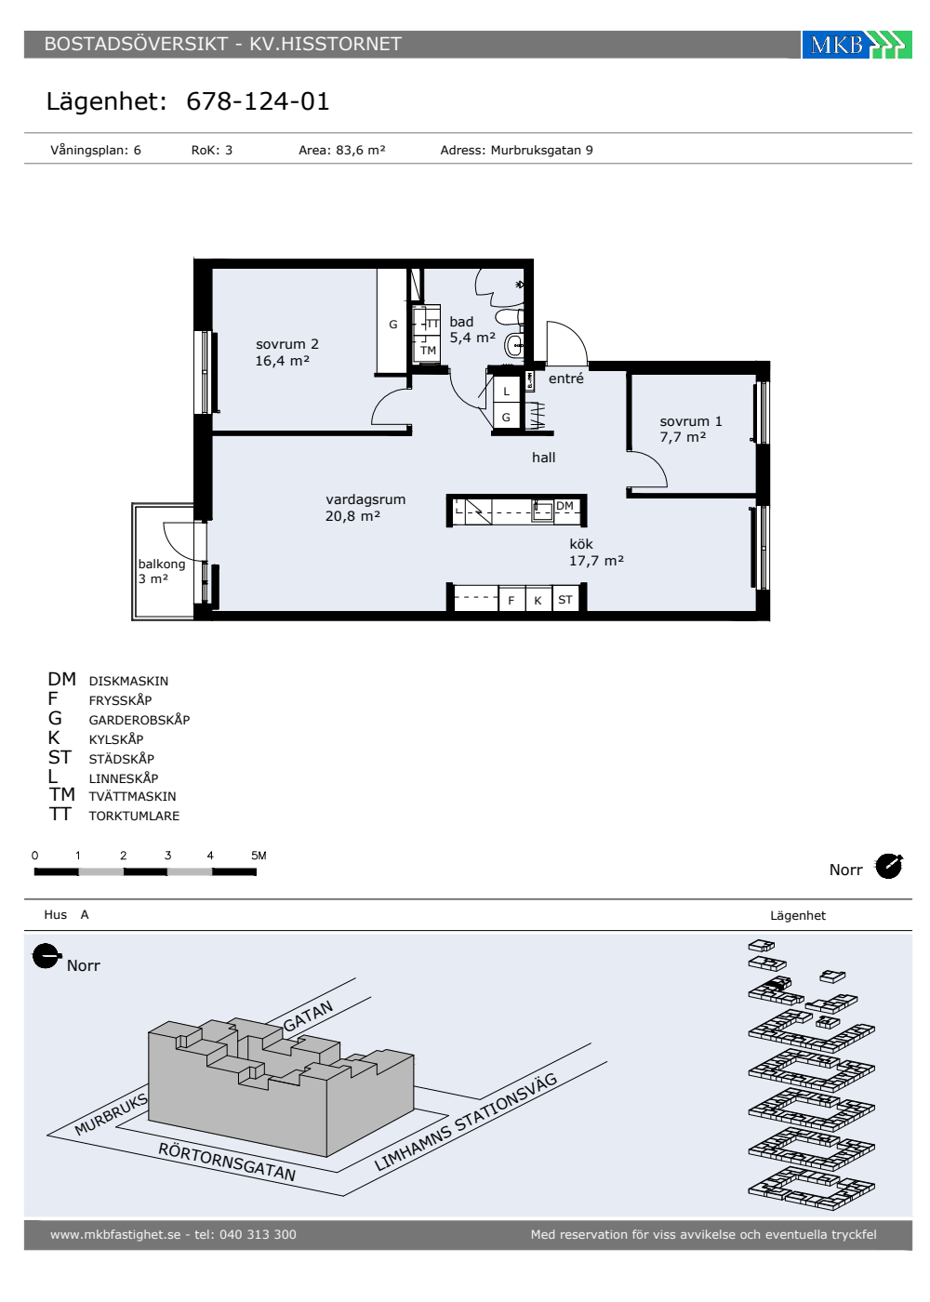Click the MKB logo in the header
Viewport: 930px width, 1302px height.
click(857, 45)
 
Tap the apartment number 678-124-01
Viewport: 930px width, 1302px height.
click(258, 101)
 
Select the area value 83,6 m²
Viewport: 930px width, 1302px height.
click(361, 150)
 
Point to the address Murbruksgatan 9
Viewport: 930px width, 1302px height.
click(541, 150)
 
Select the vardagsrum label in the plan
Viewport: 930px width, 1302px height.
click(365, 499)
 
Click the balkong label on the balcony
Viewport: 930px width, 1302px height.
click(162, 564)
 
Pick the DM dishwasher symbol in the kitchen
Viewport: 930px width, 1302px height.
click(565, 506)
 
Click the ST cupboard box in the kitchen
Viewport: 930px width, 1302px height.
click(565, 599)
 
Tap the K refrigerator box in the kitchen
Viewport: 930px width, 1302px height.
click(538, 599)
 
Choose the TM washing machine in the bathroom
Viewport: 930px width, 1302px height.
click(429, 351)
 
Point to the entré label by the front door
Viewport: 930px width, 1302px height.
click(565, 379)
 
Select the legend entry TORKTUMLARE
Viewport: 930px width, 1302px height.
click(134, 816)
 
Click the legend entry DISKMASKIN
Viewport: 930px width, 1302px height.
click(128, 681)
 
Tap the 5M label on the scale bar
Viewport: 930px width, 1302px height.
click(259, 855)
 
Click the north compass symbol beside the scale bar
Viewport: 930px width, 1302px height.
click(889, 867)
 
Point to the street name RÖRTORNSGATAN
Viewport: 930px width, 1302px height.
click(227, 1162)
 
